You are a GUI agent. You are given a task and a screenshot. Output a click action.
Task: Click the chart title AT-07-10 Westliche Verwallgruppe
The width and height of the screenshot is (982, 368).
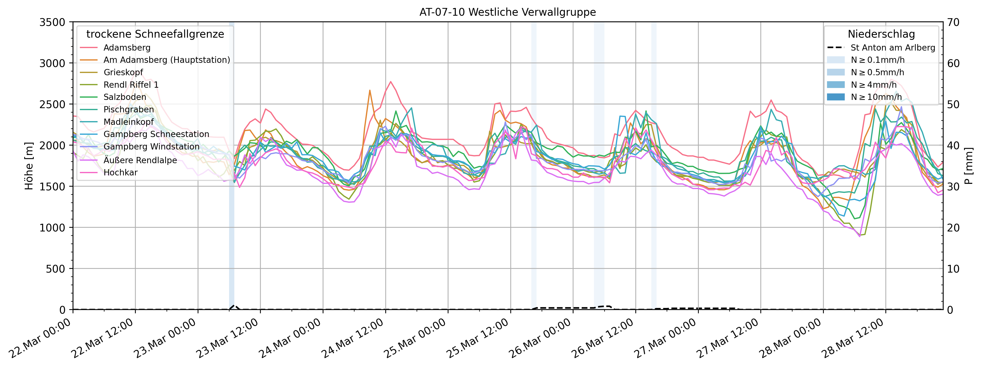pos(507,12)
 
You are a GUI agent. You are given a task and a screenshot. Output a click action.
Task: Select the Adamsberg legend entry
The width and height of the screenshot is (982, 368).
pos(127,48)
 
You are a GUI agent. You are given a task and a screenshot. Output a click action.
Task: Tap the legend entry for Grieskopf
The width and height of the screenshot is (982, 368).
pos(123,72)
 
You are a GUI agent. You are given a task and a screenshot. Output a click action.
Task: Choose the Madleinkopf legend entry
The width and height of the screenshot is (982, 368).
pos(129,122)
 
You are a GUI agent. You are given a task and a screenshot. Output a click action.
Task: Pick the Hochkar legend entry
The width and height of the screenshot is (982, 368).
pos(121,172)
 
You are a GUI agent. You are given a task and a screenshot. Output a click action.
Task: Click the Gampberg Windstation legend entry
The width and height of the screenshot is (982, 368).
pos(151,147)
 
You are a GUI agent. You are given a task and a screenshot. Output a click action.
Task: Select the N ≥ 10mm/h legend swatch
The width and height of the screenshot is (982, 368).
pos(836,97)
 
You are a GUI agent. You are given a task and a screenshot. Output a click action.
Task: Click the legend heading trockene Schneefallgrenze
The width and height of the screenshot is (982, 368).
pos(155,34)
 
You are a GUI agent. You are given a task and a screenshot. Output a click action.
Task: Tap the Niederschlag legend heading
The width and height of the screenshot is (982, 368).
pos(881,34)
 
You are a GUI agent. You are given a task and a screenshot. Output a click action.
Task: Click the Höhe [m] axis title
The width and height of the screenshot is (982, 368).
pos(29,166)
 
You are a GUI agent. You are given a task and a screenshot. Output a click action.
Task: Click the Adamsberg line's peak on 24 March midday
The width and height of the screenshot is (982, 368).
pos(390,81)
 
